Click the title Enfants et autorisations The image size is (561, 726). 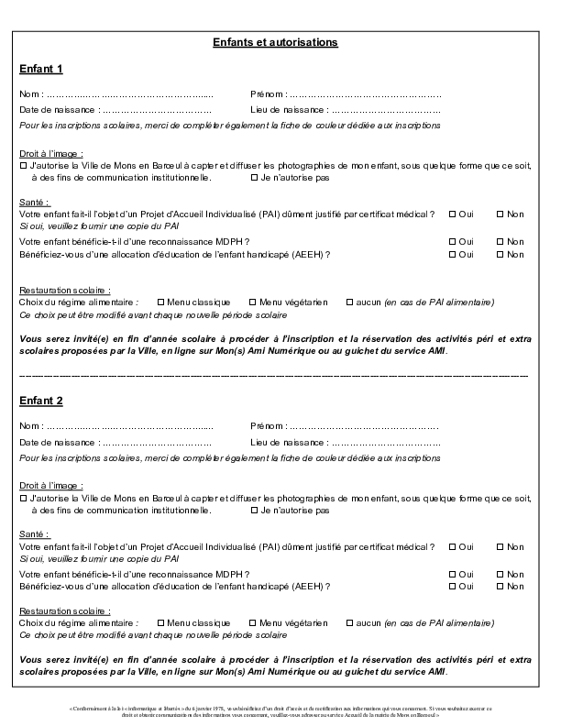(275, 42)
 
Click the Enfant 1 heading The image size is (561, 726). (40, 69)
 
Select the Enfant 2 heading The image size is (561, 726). (40, 401)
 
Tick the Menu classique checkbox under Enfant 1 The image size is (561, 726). (161, 302)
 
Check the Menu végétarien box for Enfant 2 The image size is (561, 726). (252, 622)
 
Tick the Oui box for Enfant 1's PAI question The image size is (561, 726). (452, 214)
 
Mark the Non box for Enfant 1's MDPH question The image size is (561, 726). (500, 240)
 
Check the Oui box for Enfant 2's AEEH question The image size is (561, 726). (452, 586)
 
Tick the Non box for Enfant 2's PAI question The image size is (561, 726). (500, 546)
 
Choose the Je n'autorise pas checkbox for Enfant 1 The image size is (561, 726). (253, 178)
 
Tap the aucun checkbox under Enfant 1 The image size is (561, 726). (349, 302)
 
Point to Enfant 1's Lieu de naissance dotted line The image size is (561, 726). (385, 110)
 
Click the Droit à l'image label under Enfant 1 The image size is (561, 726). (50, 153)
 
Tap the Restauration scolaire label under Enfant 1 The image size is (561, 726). (64, 289)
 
